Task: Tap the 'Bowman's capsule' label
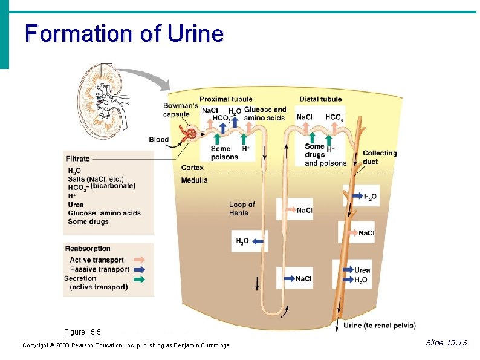click(180, 110)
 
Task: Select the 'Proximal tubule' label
click(225, 99)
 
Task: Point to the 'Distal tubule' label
click(320, 99)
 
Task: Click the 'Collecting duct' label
click(379, 157)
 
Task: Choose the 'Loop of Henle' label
click(242, 209)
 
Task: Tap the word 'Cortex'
click(192, 168)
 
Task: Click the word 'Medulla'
click(194, 180)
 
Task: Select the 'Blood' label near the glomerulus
click(159, 140)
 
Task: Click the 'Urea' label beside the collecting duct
click(362, 270)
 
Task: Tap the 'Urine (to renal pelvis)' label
click(379, 326)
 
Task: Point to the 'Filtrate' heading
click(78, 159)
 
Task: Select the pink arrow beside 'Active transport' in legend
click(139, 260)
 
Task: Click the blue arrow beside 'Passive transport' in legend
click(139, 269)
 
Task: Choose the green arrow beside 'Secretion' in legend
click(139, 279)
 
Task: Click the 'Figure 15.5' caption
click(82, 332)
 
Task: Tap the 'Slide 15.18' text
click(446, 343)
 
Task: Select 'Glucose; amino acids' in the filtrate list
click(104, 213)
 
